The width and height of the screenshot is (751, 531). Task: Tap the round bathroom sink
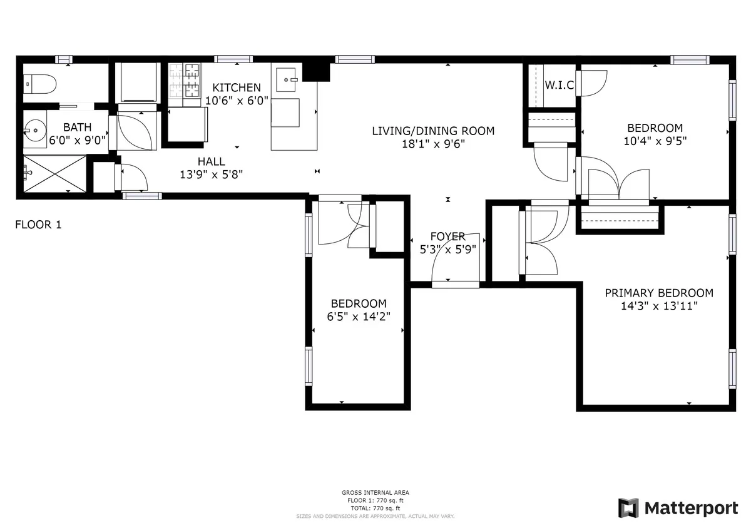point(34,132)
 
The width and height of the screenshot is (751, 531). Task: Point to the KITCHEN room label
point(237,88)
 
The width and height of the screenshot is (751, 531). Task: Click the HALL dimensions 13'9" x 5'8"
point(212,174)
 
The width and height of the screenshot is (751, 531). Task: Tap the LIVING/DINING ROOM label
point(433,131)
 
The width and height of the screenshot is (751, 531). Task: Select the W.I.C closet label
point(559,85)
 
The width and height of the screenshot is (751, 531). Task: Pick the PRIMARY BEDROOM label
point(658,293)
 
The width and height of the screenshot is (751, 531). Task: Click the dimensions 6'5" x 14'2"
point(359,316)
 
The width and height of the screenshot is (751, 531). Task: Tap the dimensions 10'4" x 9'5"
point(655,141)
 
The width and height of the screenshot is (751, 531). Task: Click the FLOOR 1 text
point(38,225)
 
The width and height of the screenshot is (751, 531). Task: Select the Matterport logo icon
point(628,508)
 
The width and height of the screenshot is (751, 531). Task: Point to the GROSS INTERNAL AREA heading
point(375,493)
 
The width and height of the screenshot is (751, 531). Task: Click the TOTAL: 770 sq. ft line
point(375,508)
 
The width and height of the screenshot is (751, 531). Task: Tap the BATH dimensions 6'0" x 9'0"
point(77,140)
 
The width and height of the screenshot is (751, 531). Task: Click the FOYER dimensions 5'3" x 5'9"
point(448,248)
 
